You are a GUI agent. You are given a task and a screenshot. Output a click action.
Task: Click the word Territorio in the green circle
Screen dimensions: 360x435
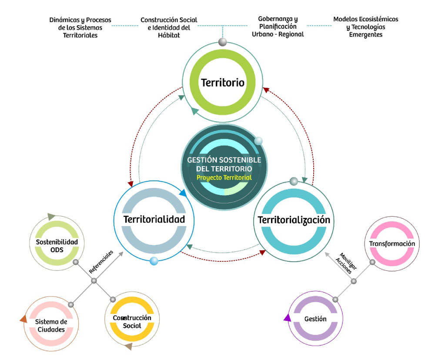pyautogui.click(x=222, y=82)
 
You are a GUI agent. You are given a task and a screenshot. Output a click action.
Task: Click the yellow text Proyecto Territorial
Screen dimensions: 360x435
pyautogui.click(x=224, y=178)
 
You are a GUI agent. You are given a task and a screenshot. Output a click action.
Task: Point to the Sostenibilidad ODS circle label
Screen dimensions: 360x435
pyautogui.click(x=57, y=245)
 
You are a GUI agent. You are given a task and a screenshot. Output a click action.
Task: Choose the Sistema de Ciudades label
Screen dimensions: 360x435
pyautogui.click(x=51, y=325)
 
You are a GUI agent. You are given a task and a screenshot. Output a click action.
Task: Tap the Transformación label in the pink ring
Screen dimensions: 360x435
pyautogui.click(x=392, y=243)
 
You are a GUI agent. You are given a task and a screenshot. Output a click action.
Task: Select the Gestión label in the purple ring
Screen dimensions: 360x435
pyautogui.click(x=315, y=319)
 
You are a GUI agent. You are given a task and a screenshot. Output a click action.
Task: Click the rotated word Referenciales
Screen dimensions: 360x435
pyautogui.click(x=101, y=261)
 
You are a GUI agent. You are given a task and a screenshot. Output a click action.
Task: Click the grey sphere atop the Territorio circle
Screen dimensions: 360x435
pyautogui.click(x=223, y=42)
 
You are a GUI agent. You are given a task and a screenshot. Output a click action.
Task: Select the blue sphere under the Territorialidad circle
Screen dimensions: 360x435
pyautogui.click(x=154, y=261)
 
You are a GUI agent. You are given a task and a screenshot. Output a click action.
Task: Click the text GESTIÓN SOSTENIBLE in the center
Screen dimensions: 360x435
pyautogui.click(x=224, y=160)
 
